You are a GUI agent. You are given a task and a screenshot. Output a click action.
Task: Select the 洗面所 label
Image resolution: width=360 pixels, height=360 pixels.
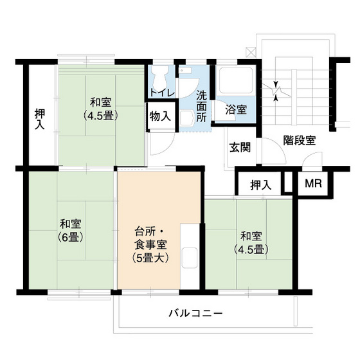[201, 106]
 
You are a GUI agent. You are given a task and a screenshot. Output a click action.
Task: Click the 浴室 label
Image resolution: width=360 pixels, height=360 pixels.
[235, 109]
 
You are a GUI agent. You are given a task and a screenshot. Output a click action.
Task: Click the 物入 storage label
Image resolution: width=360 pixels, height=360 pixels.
[160, 116]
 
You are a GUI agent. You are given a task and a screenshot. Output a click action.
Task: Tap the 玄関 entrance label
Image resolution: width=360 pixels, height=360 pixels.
[240, 147]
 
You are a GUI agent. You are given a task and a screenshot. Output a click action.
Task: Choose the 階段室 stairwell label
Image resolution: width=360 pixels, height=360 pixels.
[299, 141]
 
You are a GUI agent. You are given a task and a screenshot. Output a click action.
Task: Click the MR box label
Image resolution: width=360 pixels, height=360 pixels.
[313, 184]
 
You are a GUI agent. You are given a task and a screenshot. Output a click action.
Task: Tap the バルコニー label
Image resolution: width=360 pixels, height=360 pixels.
[195, 314]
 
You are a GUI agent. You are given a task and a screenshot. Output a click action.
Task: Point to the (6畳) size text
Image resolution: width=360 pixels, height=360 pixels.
[69, 237]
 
